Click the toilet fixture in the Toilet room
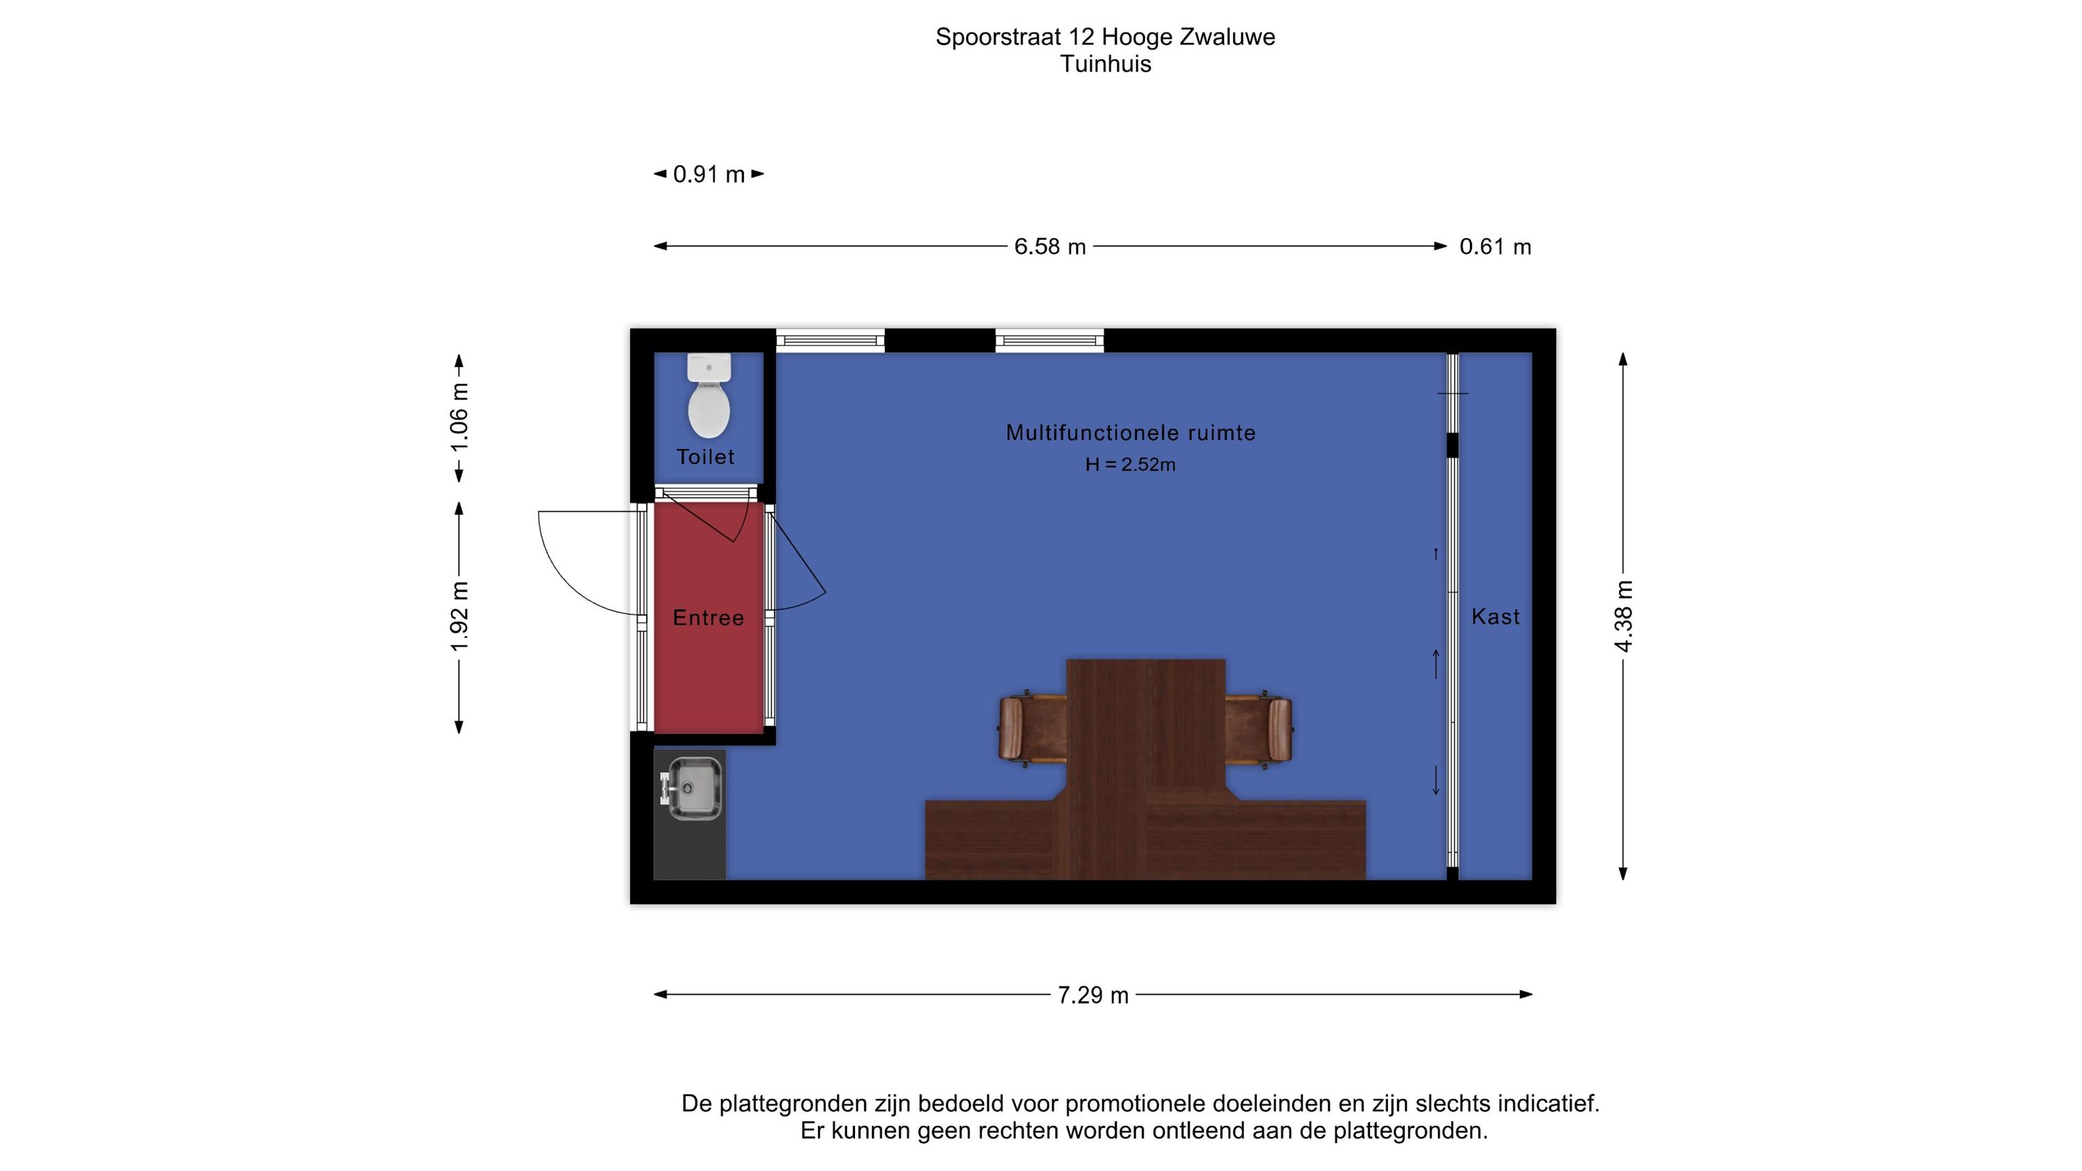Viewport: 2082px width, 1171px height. [x=709, y=395]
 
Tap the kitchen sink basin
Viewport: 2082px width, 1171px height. [x=692, y=788]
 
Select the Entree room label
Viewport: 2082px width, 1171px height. [x=708, y=618]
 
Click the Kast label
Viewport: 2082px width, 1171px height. [x=1496, y=617]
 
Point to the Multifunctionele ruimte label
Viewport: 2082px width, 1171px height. [x=1131, y=432]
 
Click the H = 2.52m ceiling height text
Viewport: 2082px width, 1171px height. [x=1131, y=465]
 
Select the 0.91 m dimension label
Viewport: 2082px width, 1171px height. [x=709, y=175]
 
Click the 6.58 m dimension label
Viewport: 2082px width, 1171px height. [x=1050, y=246]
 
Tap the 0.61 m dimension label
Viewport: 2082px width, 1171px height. [x=1496, y=246]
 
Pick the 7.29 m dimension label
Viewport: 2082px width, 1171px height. [x=1093, y=995]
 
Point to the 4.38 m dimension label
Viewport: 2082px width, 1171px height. [x=1624, y=616]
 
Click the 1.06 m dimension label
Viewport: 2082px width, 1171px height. [x=459, y=417]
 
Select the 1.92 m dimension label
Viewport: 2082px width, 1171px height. [x=459, y=616]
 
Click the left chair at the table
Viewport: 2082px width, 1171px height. [x=1032, y=729]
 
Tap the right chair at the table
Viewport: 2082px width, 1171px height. [x=1258, y=729]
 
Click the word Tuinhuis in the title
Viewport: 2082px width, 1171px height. [x=1106, y=64]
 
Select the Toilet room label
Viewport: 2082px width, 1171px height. [x=706, y=457]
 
